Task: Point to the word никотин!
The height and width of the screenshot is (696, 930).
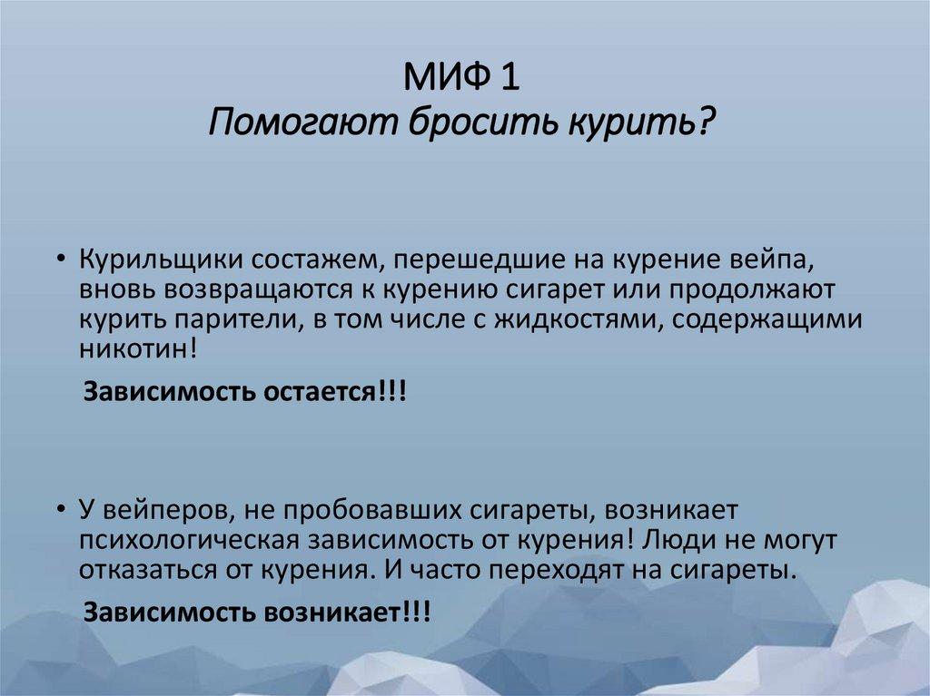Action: [125, 349]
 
